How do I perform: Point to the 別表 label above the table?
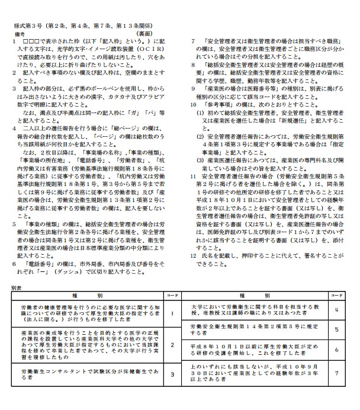[16, 287]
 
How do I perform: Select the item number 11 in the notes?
[193, 177]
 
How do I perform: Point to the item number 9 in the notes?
[192, 88]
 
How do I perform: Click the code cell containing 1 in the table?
[172, 313]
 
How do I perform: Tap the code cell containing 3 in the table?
[172, 374]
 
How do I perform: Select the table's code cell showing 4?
[336, 309]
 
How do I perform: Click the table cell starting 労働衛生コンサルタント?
[89, 374]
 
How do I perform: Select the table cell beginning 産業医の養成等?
[89, 344]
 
